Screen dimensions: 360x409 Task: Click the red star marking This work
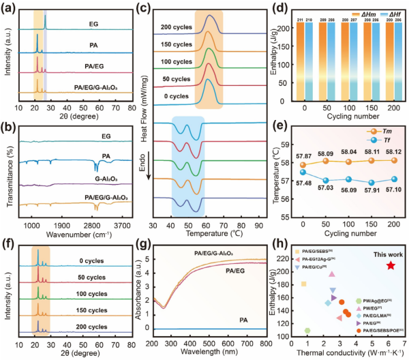tap(390, 265)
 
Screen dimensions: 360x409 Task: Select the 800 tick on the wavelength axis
tap(266, 344)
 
